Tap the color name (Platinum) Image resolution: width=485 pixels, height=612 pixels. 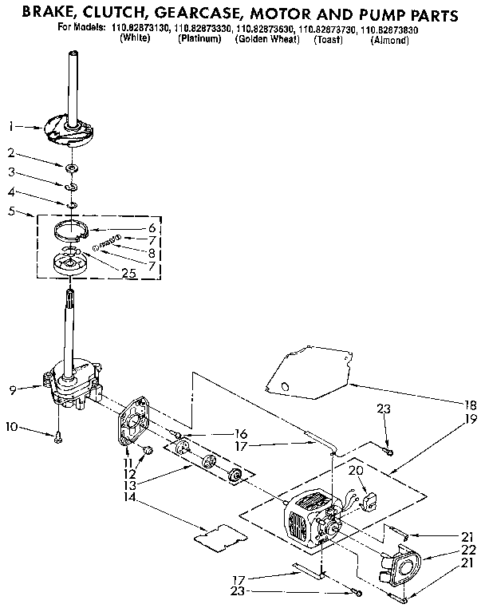(200, 39)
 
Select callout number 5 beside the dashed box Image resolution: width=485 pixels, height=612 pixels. (10, 212)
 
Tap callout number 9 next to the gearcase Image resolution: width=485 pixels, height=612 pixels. (11, 390)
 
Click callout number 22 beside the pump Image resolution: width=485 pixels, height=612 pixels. (470, 551)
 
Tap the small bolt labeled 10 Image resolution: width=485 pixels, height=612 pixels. (58, 436)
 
